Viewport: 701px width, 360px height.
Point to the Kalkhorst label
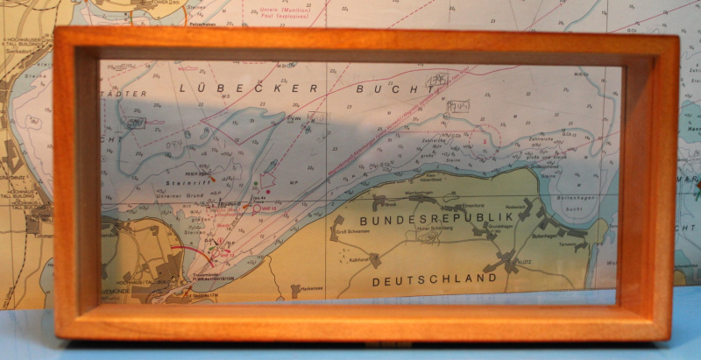click(x=355, y=260)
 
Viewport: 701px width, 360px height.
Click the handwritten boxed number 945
click(x=457, y=106)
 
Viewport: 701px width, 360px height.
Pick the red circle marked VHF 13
click(x=258, y=208)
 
